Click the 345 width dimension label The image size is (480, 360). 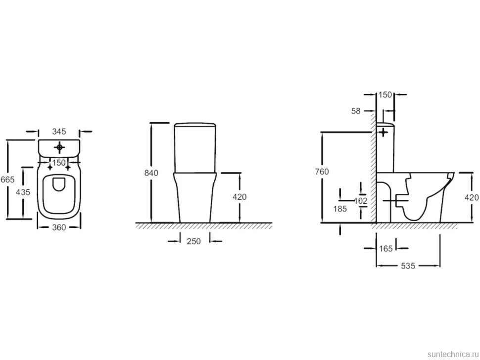pyautogui.click(x=59, y=132)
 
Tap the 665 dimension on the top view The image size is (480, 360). pyautogui.click(x=7, y=180)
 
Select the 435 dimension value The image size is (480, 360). pyautogui.click(x=23, y=192)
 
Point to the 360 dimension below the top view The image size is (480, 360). pyautogui.click(x=59, y=227)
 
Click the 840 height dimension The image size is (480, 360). pyautogui.click(x=151, y=173)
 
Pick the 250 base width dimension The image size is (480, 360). pyautogui.click(x=194, y=241)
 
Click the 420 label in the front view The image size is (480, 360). pyautogui.click(x=240, y=197)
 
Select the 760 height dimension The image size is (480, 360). pyautogui.click(x=322, y=172)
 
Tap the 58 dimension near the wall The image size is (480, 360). pyautogui.click(x=356, y=111)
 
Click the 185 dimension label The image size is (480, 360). pyautogui.click(x=340, y=209)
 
